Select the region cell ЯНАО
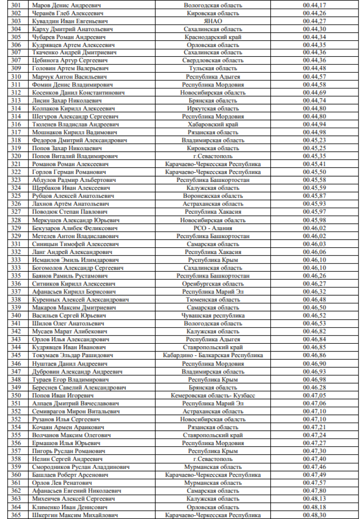[x=213, y=21]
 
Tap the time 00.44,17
[x=314, y=5]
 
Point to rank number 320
[x=16, y=156]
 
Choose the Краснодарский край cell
[x=213, y=37]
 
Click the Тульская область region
[x=213, y=69]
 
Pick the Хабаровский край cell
[x=213, y=124]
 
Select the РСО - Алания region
[x=213, y=228]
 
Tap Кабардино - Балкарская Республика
[x=213, y=355]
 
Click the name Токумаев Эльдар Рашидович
[x=72, y=355]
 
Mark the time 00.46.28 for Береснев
[x=314, y=387]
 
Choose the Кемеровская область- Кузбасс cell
[x=213, y=395]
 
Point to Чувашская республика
[x=213, y=315]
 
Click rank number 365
[x=16, y=515]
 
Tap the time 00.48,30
[x=314, y=515]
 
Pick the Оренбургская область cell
[x=213, y=284]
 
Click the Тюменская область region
[x=213, y=300]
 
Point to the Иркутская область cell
[x=213, y=109]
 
